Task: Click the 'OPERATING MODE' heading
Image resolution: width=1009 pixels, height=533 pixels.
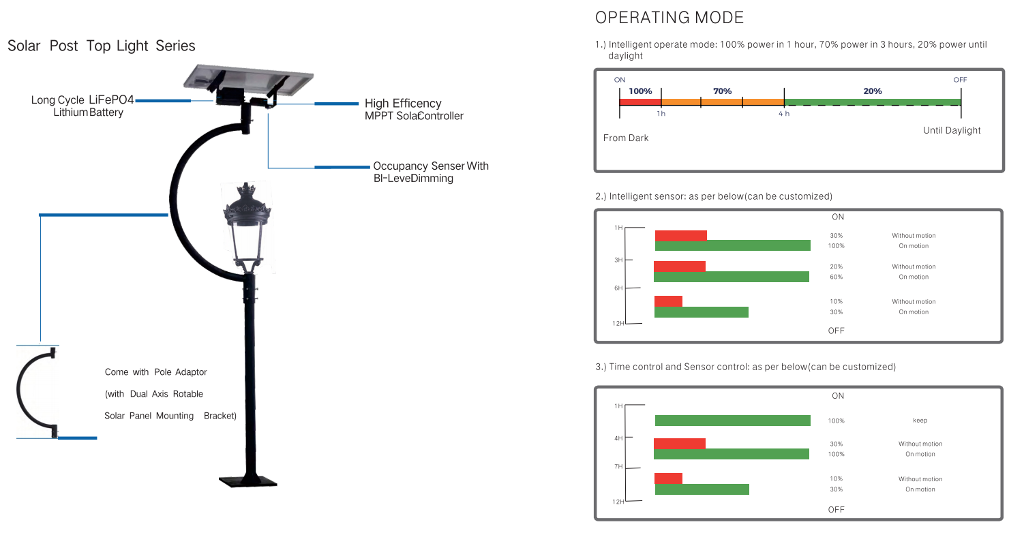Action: pyautogui.click(x=669, y=18)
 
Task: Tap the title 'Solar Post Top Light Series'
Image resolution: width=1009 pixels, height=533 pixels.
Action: pyautogui.click(x=102, y=46)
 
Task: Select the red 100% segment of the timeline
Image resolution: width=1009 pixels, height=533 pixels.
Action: pyautogui.click(x=640, y=102)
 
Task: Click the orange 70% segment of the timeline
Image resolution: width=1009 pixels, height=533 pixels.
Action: pyautogui.click(x=723, y=102)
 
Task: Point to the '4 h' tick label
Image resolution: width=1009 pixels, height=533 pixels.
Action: pyautogui.click(x=784, y=114)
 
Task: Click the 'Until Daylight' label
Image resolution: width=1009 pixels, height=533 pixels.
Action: pyautogui.click(x=952, y=131)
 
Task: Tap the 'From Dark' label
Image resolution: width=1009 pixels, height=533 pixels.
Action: pyautogui.click(x=626, y=138)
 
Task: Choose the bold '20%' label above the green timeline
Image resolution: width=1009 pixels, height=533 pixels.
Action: pyautogui.click(x=873, y=91)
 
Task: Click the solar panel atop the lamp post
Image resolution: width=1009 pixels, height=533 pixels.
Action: pyautogui.click(x=248, y=80)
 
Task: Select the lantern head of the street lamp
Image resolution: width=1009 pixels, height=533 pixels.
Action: pyautogui.click(x=247, y=228)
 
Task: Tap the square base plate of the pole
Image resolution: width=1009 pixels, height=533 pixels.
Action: pyautogui.click(x=247, y=481)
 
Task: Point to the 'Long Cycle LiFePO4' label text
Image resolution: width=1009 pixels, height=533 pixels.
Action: pyautogui.click(x=82, y=100)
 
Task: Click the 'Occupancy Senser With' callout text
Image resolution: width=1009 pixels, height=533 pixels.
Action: pyautogui.click(x=431, y=166)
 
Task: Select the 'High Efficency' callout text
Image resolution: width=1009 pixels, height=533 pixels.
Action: pyautogui.click(x=403, y=104)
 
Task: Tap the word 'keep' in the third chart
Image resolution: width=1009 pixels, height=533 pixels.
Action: pyautogui.click(x=920, y=421)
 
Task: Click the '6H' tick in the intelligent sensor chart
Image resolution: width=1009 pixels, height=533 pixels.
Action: pyautogui.click(x=618, y=288)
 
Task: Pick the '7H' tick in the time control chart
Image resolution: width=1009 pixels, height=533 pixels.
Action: pyautogui.click(x=618, y=466)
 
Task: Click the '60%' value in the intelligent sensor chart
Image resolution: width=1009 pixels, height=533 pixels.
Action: pyautogui.click(x=836, y=277)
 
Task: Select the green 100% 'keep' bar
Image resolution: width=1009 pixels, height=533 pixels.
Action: pyautogui.click(x=732, y=421)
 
